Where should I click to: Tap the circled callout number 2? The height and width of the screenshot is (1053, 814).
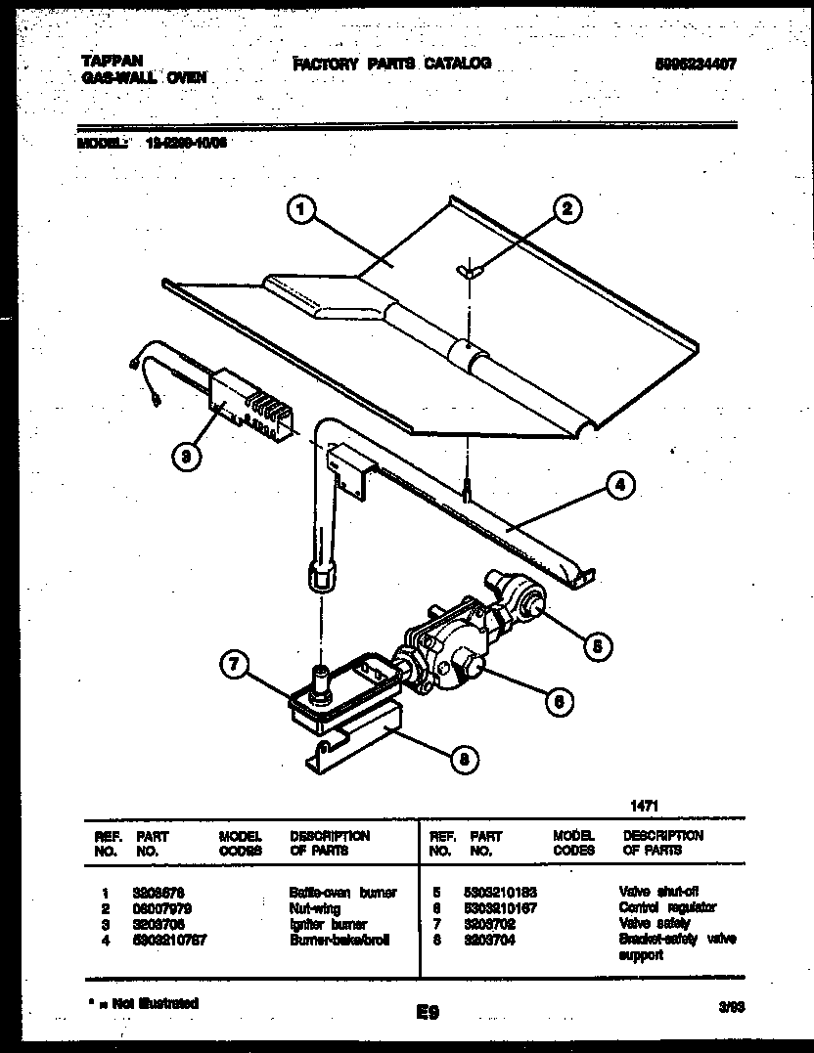point(566,208)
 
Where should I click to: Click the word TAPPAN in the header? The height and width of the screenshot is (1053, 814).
point(107,61)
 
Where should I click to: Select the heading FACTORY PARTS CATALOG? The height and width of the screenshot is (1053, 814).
point(391,64)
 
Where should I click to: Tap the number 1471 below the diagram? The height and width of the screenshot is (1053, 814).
point(641,806)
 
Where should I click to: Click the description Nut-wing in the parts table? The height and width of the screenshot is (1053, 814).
point(314,908)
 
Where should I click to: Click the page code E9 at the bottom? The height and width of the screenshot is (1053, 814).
point(427,1015)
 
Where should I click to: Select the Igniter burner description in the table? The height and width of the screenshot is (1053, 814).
point(328,924)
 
